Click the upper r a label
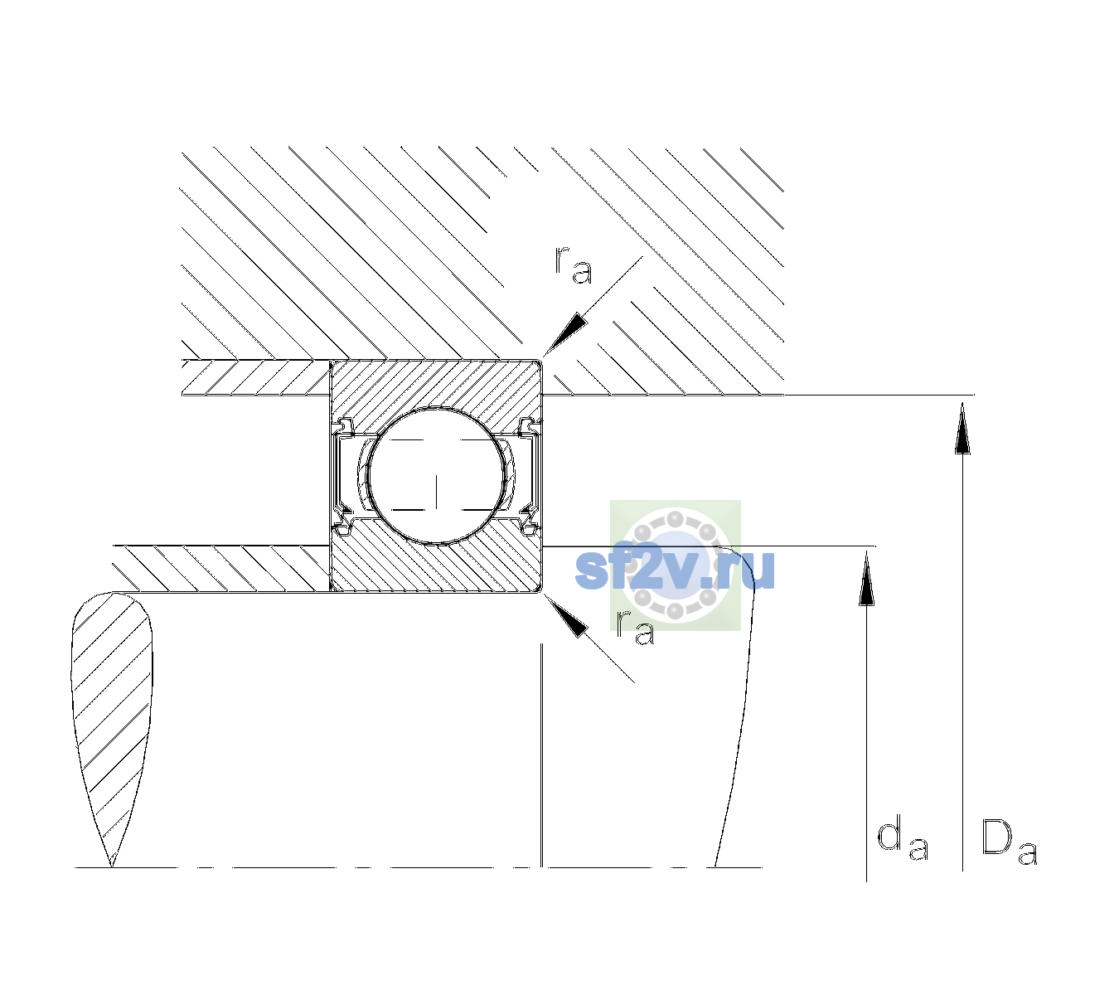click(x=574, y=265)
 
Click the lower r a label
click(x=635, y=627)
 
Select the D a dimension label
click(x=1009, y=842)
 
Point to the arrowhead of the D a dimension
click(x=962, y=428)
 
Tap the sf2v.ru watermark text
click(x=675, y=570)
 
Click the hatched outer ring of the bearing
click(x=436, y=384)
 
